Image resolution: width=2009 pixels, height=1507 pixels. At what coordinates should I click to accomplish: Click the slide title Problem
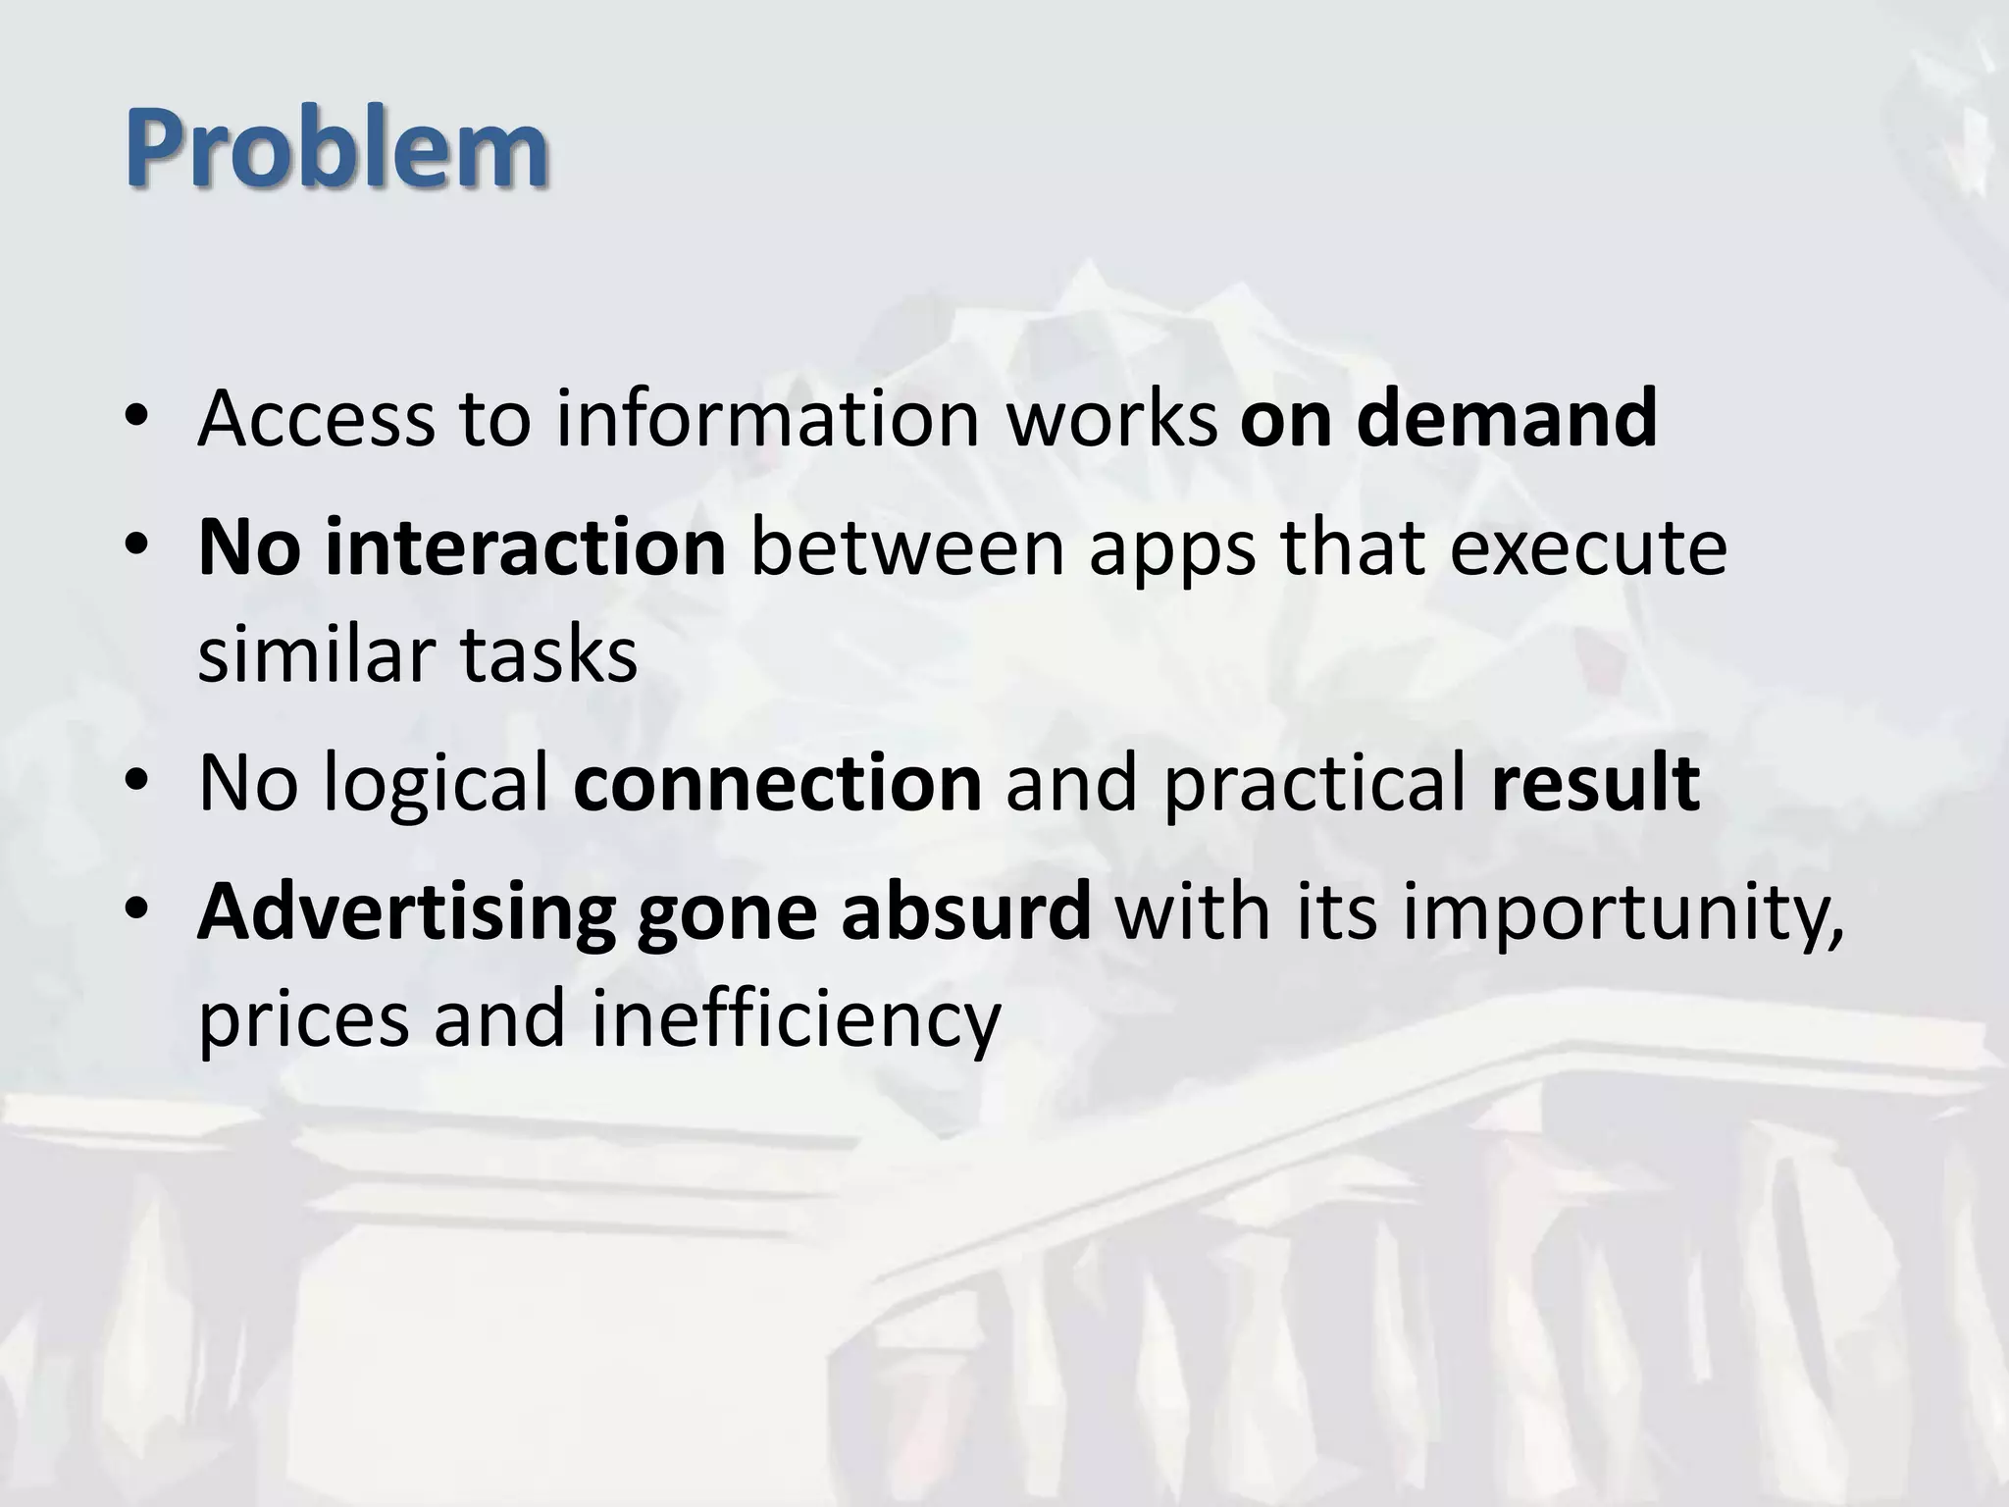tap(335, 149)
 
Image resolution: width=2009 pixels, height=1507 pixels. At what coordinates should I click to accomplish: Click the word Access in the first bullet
tap(316, 418)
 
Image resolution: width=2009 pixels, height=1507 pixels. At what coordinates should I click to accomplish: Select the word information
tap(768, 418)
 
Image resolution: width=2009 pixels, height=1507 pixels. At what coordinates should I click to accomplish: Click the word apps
tap(1172, 549)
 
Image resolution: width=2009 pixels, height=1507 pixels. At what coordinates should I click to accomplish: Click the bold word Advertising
tap(406, 912)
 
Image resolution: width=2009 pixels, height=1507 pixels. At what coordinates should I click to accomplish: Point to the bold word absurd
tap(965, 910)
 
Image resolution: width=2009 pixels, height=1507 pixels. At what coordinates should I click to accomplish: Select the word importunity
tap(1623, 912)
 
